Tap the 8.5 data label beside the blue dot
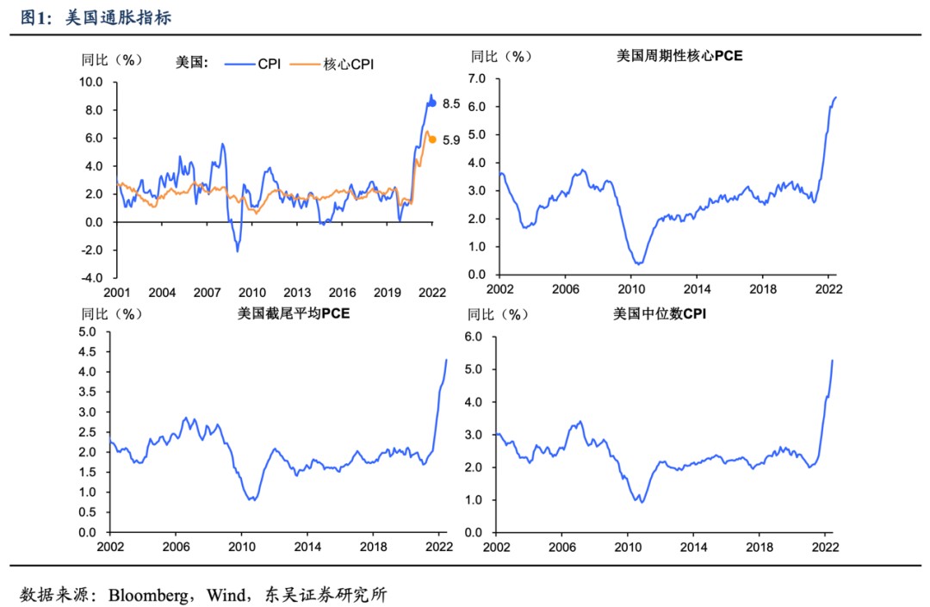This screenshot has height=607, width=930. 451,103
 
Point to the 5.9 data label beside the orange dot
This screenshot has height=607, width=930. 451,139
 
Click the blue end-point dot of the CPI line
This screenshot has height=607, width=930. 433,103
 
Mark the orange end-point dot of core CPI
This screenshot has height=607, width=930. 432,139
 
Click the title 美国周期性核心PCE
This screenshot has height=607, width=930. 679,56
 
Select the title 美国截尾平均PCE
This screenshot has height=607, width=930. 294,313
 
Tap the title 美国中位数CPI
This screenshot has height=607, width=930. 660,313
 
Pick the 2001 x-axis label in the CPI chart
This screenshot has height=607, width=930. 117,293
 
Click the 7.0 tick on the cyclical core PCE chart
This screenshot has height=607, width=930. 478,78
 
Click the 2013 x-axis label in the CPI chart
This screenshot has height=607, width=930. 297,293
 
